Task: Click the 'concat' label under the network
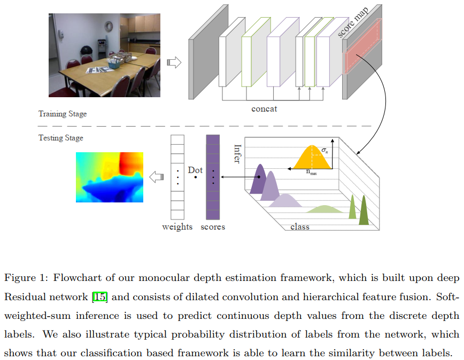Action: pyautogui.click(x=264, y=109)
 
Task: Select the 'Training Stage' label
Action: pyautogui.click(x=62, y=114)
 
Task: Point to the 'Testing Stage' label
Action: pyautogui.click(x=60, y=138)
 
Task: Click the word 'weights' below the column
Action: pyautogui.click(x=177, y=226)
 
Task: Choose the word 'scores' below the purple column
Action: pyautogui.click(x=213, y=226)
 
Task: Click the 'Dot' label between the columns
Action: pyautogui.click(x=195, y=170)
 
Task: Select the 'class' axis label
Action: pyautogui.click(x=299, y=226)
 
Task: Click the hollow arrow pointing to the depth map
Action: pyautogui.click(x=156, y=177)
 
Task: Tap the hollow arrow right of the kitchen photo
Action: pyautogui.click(x=174, y=62)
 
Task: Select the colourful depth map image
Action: pyautogui.click(x=110, y=177)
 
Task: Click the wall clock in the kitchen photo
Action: pyautogui.click(x=109, y=25)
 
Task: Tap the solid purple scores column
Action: pyautogui.click(x=213, y=177)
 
